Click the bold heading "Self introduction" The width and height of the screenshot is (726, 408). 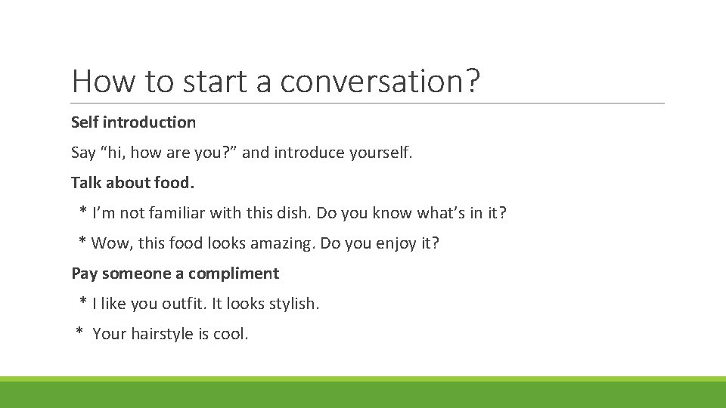(133, 122)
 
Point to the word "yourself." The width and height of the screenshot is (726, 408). (381, 153)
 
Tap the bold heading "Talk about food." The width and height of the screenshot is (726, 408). (133, 183)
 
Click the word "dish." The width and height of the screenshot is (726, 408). (291, 213)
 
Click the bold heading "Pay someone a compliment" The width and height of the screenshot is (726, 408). (175, 274)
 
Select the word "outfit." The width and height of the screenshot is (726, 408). (184, 304)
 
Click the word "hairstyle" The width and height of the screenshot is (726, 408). (162, 334)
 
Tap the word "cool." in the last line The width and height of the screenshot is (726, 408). (231, 334)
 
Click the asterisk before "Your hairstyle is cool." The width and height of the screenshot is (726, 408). (79, 332)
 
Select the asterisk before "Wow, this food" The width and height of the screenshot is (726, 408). (82, 242)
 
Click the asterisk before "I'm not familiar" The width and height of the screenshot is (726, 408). (82, 212)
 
